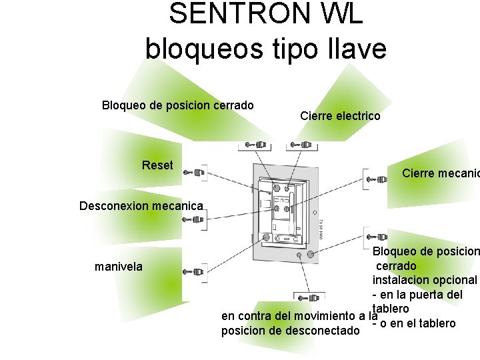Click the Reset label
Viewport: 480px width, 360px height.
[157, 165]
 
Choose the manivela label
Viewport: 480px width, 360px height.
[119, 267]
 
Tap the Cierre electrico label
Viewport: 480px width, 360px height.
[340, 116]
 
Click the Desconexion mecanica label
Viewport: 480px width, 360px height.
[141, 205]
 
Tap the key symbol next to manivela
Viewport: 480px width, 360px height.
[197, 272]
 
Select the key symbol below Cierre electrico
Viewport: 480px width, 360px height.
[298, 144]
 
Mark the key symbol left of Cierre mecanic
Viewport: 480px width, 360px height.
[375, 178]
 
